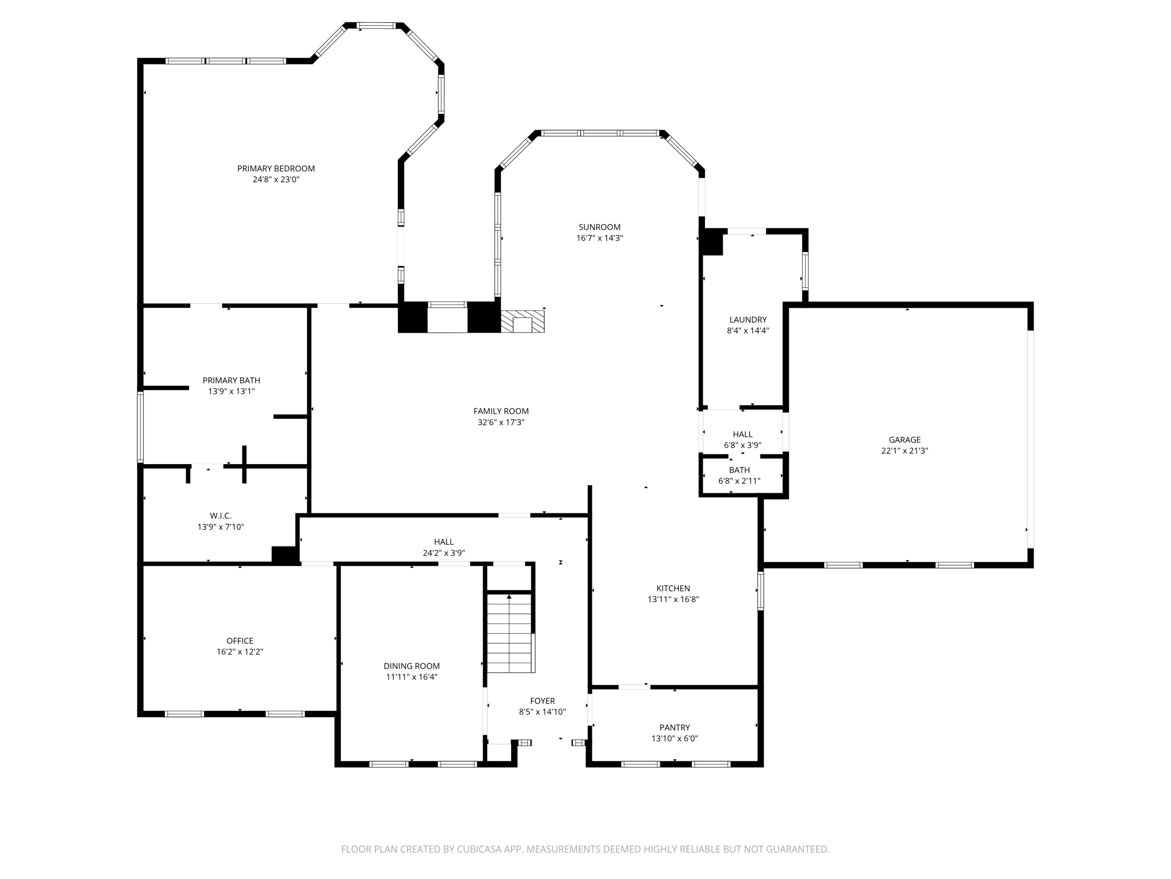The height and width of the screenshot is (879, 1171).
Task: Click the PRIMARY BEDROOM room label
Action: [x=276, y=168]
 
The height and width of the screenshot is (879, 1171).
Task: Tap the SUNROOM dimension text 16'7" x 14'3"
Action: [x=599, y=238]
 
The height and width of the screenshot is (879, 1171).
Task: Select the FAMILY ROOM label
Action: [x=501, y=411]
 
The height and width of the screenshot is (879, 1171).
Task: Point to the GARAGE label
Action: [x=905, y=439]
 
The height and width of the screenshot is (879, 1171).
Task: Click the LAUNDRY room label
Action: [x=748, y=319]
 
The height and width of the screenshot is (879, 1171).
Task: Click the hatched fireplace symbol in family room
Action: [x=523, y=322]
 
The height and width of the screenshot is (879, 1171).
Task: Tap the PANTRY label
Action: [x=675, y=727]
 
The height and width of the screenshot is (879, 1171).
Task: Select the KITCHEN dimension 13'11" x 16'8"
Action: [x=673, y=599]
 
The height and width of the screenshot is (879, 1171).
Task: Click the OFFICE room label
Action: [x=240, y=640]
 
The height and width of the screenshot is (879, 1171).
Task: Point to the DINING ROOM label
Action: [x=412, y=666]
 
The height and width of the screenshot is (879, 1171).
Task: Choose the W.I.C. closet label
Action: [x=221, y=516]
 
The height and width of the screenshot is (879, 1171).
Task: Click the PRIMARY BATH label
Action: [x=231, y=380]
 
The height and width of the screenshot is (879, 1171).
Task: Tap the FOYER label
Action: [x=542, y=700]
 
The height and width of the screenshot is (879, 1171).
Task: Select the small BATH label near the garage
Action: [x=739, y=470]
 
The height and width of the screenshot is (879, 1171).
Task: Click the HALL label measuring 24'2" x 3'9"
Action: [x=444, y=541]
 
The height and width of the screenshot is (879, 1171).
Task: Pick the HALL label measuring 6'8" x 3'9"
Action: [x=743, y=434]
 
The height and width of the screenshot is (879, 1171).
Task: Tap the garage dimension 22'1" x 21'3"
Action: [x=905, y=450]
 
